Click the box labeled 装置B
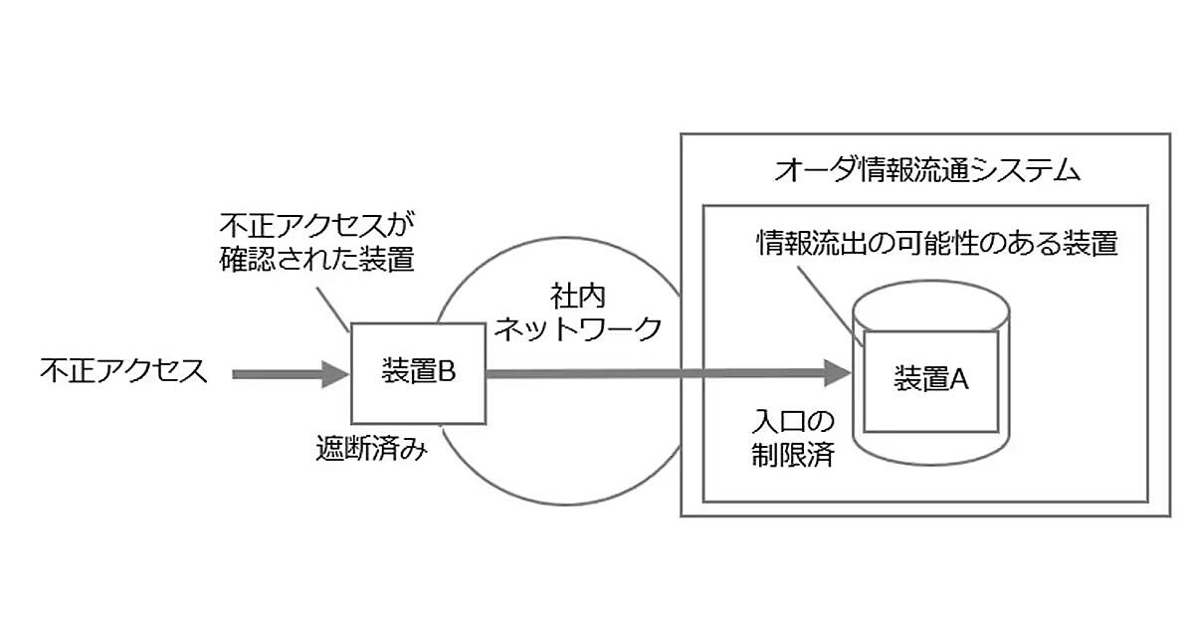(417, 373)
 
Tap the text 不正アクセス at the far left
(123, 371)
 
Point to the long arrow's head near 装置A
(841, 373)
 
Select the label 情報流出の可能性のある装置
(936, 243)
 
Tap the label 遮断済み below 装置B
(370, 450)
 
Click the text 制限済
(791, 456)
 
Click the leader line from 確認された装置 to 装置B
(332, 304)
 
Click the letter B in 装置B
(446, 372)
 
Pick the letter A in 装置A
(959, 379)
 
